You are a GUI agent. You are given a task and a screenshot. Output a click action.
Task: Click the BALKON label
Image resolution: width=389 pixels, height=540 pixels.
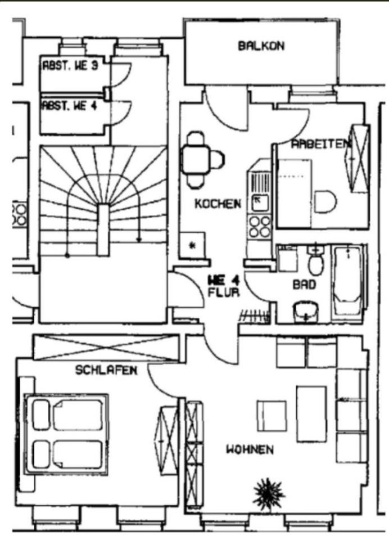pyautogui.click(x=261, y=46)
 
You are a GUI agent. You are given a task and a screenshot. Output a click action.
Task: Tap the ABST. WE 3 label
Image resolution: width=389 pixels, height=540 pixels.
pyautogui.click(x=70, y=66)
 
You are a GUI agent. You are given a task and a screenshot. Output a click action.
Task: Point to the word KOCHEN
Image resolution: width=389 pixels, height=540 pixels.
pyautogui.click(x=218, y=204)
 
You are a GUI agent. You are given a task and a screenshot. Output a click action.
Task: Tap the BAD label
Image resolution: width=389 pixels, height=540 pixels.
pyautogui.click(x=304, y=285)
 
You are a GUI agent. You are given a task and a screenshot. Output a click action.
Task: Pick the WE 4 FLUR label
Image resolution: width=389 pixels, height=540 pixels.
pyautogui.click(x=224, y=286)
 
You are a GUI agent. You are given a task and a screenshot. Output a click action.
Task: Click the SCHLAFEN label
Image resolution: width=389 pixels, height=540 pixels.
pyautogui.click(x=106, y=370)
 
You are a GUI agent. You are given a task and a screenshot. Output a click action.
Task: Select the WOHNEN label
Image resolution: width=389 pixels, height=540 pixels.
pyautogui.click(x=250, y=449)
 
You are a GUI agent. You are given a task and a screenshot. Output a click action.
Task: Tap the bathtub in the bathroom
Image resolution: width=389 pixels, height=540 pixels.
pyautogui.click(x=347, y=281)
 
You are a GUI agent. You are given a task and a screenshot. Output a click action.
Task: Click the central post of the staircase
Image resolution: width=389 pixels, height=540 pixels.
pyautogui.click(x=102, y=228)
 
